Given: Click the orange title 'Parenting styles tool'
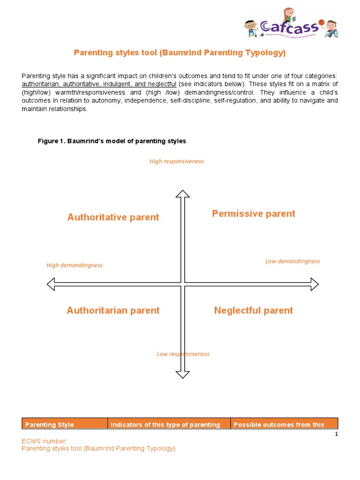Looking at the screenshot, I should pyautogui.click(x=180, y=52).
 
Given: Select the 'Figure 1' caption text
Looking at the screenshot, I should pyautogui.click(x=112, y=141).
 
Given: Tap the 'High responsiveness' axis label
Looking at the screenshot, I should pyautogui.click(x=176, y=161).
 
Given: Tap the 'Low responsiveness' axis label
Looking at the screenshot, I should pyautogui.click(x=183, y=354).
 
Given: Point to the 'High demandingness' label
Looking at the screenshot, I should pyautogui.click(x=74, y=265).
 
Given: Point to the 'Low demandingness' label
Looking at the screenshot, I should pyautogui.click(x=292, y=261).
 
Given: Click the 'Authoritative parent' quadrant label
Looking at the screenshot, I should pyautogui.click(x=113, y=217).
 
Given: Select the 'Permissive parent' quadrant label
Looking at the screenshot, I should pyautogui.click(x=254, y=214).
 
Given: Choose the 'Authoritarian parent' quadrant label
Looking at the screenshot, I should pyautogui.click(x=113, y=310).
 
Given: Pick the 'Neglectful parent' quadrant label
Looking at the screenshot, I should pyautogui.click(x=253, y=310).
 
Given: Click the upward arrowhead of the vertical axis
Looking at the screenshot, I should pyautogui.click(x=182, y=194).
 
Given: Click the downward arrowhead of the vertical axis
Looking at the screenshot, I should pyautogui.click(x=182, y=374).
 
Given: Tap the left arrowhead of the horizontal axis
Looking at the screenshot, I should pyautogui.click(x=52, y=284).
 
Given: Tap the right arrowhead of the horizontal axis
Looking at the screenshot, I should pyautogui.click(x=314, y=284).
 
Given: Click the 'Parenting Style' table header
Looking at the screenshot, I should pyautogui.click(x=49, y=425).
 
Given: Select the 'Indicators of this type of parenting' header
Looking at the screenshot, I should pyautogui.click(x=165, y=425).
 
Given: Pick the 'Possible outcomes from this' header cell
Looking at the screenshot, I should pyautogui.click(x=278, y=425).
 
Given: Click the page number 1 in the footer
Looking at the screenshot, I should pyautogui.click(x=336, y=435).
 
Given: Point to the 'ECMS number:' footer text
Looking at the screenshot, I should pyautogui.click(x=45, y=441).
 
